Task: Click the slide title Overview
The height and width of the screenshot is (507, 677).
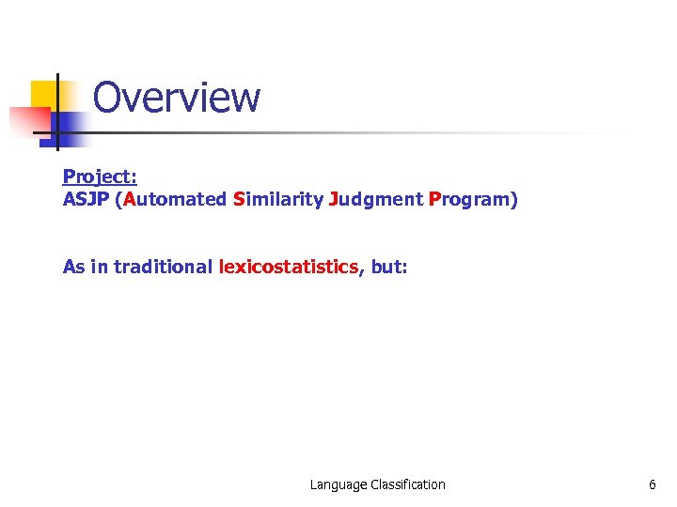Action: tap(176, 97)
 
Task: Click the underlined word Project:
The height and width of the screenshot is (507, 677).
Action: tap(100, 177)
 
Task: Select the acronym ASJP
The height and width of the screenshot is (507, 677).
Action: tap(85, 200)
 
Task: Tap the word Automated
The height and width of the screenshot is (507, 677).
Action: tap(175, 200)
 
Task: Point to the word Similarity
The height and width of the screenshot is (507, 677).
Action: tap(277, 200)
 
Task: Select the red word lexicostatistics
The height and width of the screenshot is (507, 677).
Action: tap(289, 267)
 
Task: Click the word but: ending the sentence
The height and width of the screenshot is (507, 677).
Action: tap(389, 267)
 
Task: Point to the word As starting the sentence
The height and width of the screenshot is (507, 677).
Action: tap(73, 267)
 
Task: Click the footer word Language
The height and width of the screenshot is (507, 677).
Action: tap(338, 484)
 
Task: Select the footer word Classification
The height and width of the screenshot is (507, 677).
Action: tap(408, 484)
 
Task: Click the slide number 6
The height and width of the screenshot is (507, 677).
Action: tap(652, 484)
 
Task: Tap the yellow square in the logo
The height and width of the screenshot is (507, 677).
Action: tap(42, 94)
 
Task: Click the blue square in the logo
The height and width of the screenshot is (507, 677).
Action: tap(68, 127)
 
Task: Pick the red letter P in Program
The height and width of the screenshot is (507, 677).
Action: tap(433, 200)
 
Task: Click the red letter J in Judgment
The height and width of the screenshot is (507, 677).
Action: tap(333, 200)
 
